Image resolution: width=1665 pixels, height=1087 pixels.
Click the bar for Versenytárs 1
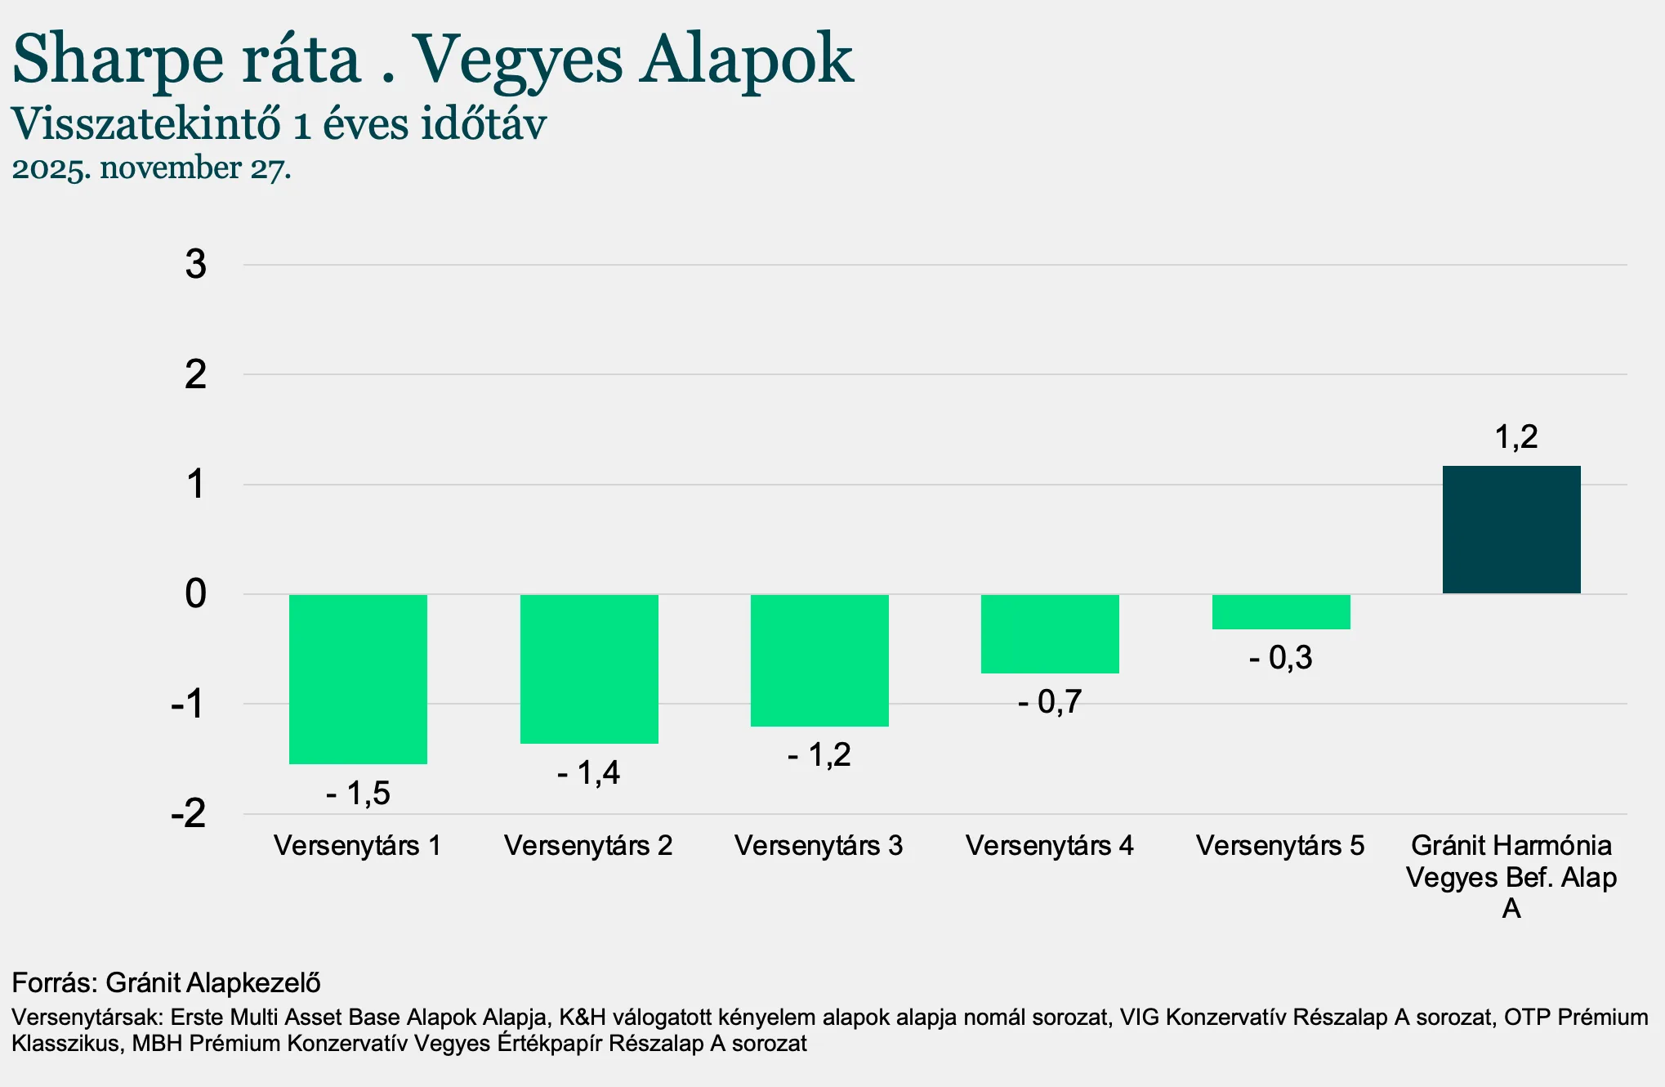tap(358, 679)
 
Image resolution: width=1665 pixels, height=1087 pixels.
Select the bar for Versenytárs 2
tap(589, 669)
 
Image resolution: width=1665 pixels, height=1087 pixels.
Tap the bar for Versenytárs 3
tap(819, 660)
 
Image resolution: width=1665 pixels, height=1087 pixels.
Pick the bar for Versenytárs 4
tap(1050, 634)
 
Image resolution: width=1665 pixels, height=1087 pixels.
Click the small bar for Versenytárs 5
tap(1281, 612)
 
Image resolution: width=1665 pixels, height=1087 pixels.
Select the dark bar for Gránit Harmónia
tap(1511, 530)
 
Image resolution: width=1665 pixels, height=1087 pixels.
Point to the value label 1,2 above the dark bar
tap(1515, 437)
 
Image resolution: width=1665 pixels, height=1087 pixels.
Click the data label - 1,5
tap(359, 793)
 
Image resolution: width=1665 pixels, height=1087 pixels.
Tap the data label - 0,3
tap(1280, 658)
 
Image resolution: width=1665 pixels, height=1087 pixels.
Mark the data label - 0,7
tap(1050, 702)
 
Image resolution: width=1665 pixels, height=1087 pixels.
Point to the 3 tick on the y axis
tap(196, 265)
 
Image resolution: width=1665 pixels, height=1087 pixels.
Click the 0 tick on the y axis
tap(196, 594)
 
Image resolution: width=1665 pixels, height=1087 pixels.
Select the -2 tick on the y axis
tap(189, 814)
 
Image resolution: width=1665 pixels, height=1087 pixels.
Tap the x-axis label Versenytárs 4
tap(1050, 846)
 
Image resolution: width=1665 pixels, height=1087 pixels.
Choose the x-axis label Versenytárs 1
tap(358, 846)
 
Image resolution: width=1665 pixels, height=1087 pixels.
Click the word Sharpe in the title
tap(118, 60)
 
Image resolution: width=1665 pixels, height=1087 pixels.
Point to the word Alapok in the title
tap(746, 60)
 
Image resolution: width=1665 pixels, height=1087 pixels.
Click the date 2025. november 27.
tap(151, 168)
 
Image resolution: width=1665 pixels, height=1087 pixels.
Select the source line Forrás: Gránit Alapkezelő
tap(166, 982)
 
